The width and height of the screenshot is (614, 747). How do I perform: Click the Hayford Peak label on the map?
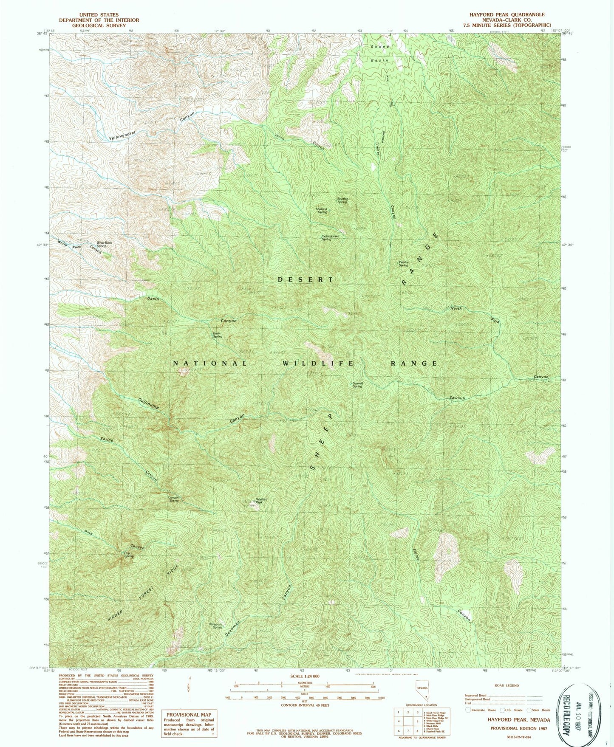point(261,501)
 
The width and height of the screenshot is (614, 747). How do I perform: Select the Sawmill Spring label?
point(357,385)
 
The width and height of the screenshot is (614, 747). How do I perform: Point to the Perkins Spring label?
point(403,264)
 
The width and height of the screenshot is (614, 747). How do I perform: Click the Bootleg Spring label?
point(342,200)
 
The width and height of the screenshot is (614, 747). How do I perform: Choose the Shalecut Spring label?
point(321,210)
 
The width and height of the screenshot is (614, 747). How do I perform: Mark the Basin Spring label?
point(217,335)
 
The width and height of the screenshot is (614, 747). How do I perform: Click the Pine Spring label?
point(128,554)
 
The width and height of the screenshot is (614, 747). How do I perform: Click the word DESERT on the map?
point(306,279)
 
